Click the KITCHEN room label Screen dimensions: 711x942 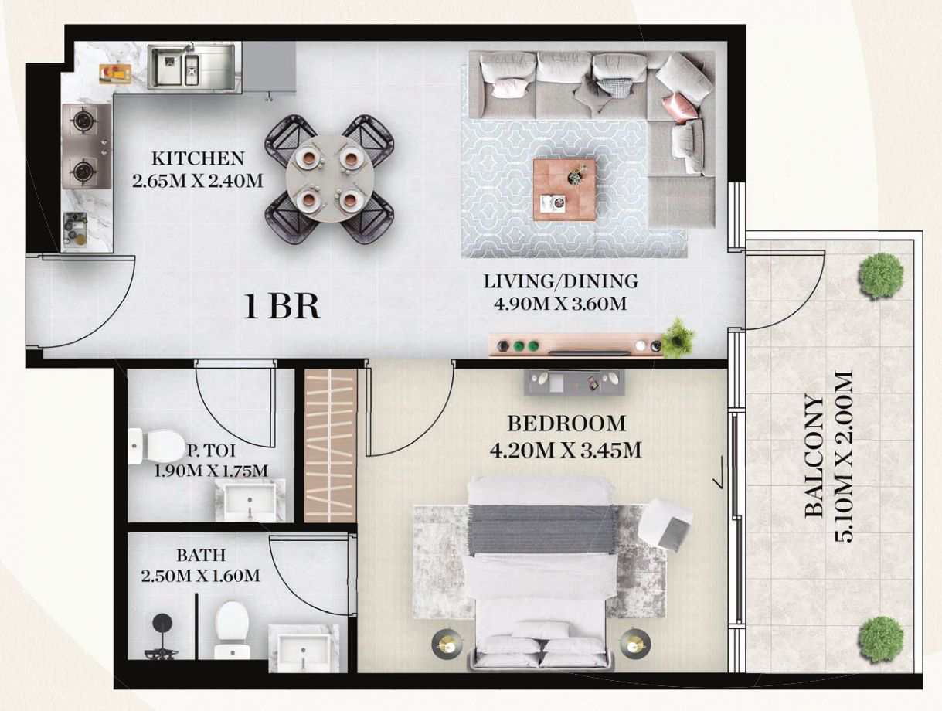(x=198, y=159)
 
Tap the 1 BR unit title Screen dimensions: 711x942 (x=281, y=308)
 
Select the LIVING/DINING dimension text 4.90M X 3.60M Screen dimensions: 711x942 (x=560, y=303)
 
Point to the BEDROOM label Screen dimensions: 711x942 (x=566, y=424)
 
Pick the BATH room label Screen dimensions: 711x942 (x=201, y=555)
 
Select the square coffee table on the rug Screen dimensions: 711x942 (x=564, y=189)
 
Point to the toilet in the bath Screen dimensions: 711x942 (x=232, y=627)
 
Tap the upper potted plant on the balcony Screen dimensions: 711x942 (x=881, y=275)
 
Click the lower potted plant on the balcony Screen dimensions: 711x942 (x=880, y=638)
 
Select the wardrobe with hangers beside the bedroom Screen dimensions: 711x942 (x=330, y=446)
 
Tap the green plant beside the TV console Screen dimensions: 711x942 (x=678, y=338)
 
